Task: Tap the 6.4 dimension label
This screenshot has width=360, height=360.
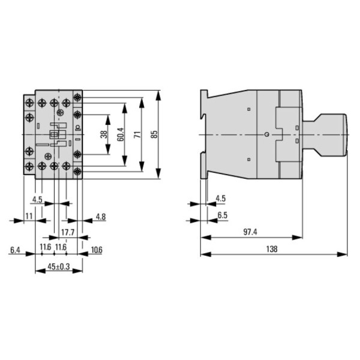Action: [15, 249]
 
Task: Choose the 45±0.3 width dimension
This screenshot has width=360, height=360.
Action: [58, 266]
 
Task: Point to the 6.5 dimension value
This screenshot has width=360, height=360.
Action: [222, 215]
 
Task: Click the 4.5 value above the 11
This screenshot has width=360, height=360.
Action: [37, 199]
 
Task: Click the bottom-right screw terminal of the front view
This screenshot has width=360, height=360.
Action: [77, 172]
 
